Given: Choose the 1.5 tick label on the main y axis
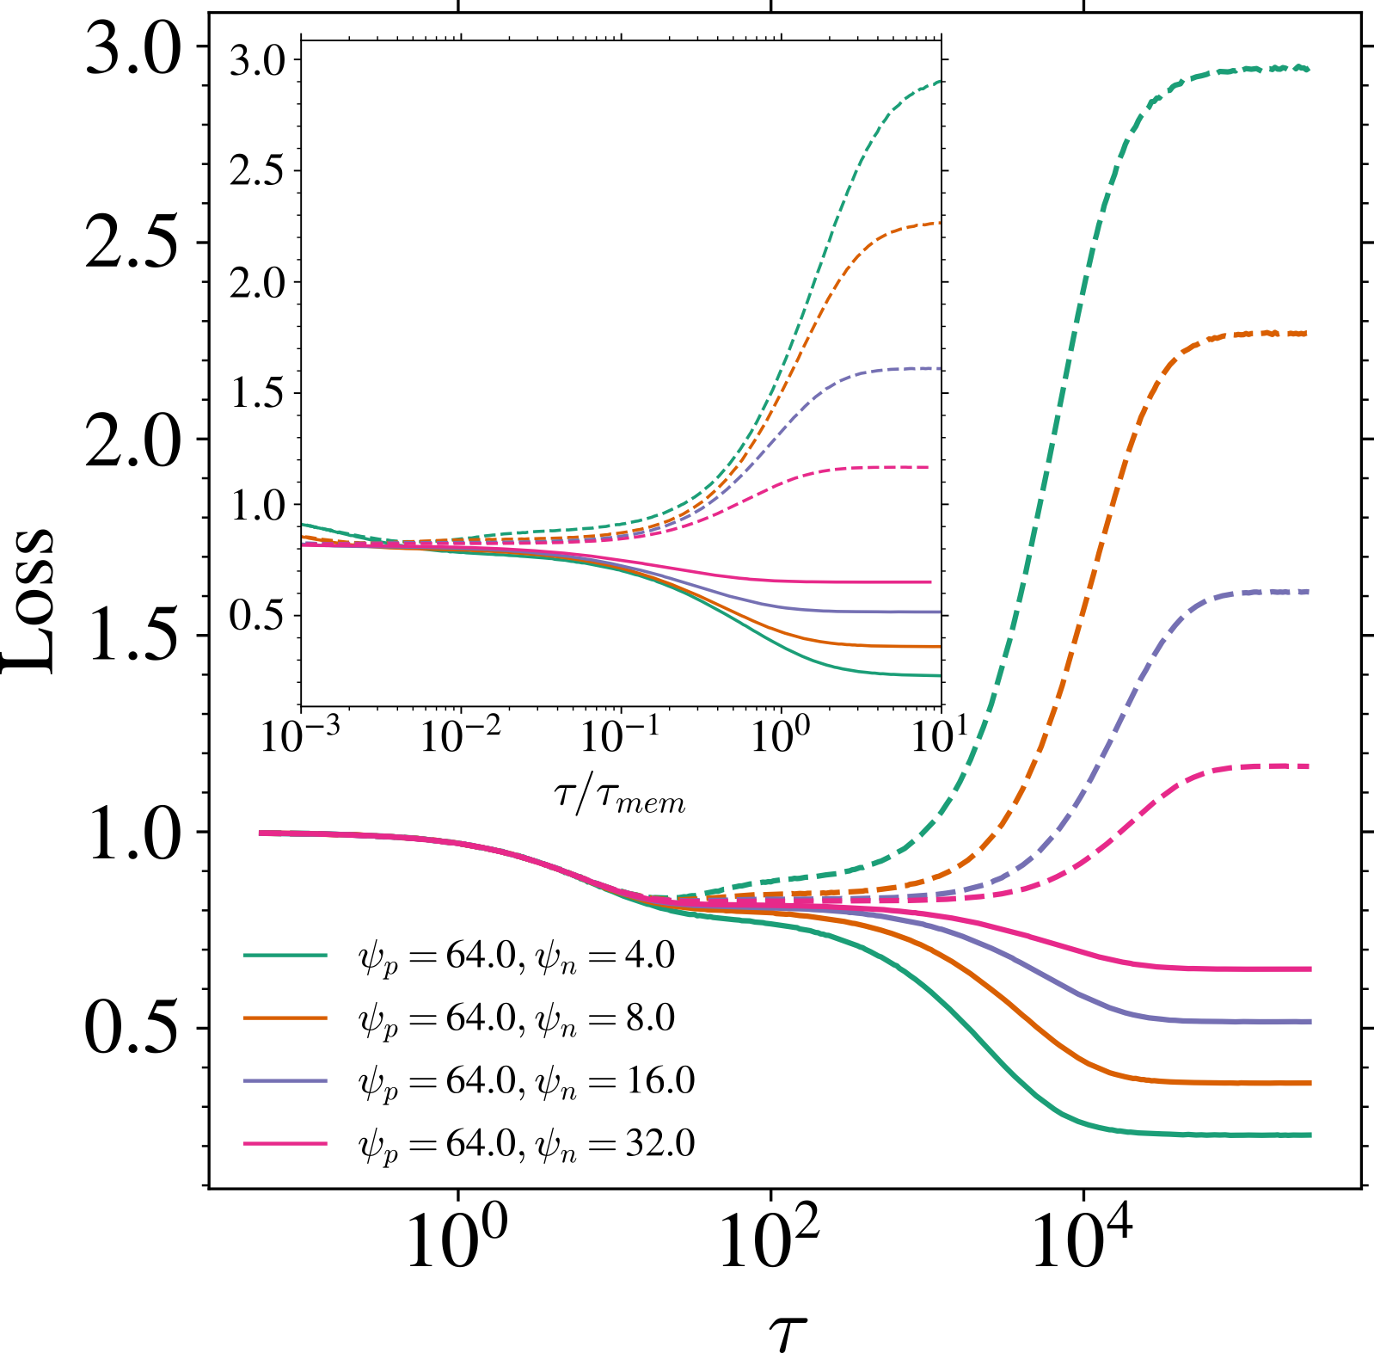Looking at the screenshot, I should (134, 637).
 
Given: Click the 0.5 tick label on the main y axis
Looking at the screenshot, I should (134, 1029).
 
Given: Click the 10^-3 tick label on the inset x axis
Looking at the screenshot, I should (299, 735).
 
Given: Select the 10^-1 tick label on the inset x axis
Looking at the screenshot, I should (619, 735).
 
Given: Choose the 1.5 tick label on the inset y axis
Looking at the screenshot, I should (257, 394).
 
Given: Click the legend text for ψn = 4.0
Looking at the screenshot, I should (516, 956).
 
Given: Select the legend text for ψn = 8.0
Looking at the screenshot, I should (516, 1018).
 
